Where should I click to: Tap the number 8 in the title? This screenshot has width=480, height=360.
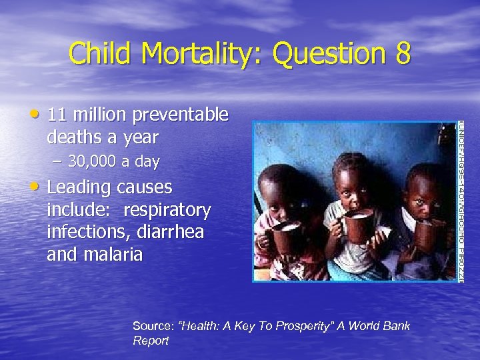coord(401,53)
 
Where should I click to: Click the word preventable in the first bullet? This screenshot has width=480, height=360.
coord(181,116)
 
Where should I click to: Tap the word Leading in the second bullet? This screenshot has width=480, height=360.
coord(79,187)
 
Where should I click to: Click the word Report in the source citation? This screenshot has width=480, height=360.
coord(150,341)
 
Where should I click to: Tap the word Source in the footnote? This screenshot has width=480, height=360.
coord(153,327)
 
